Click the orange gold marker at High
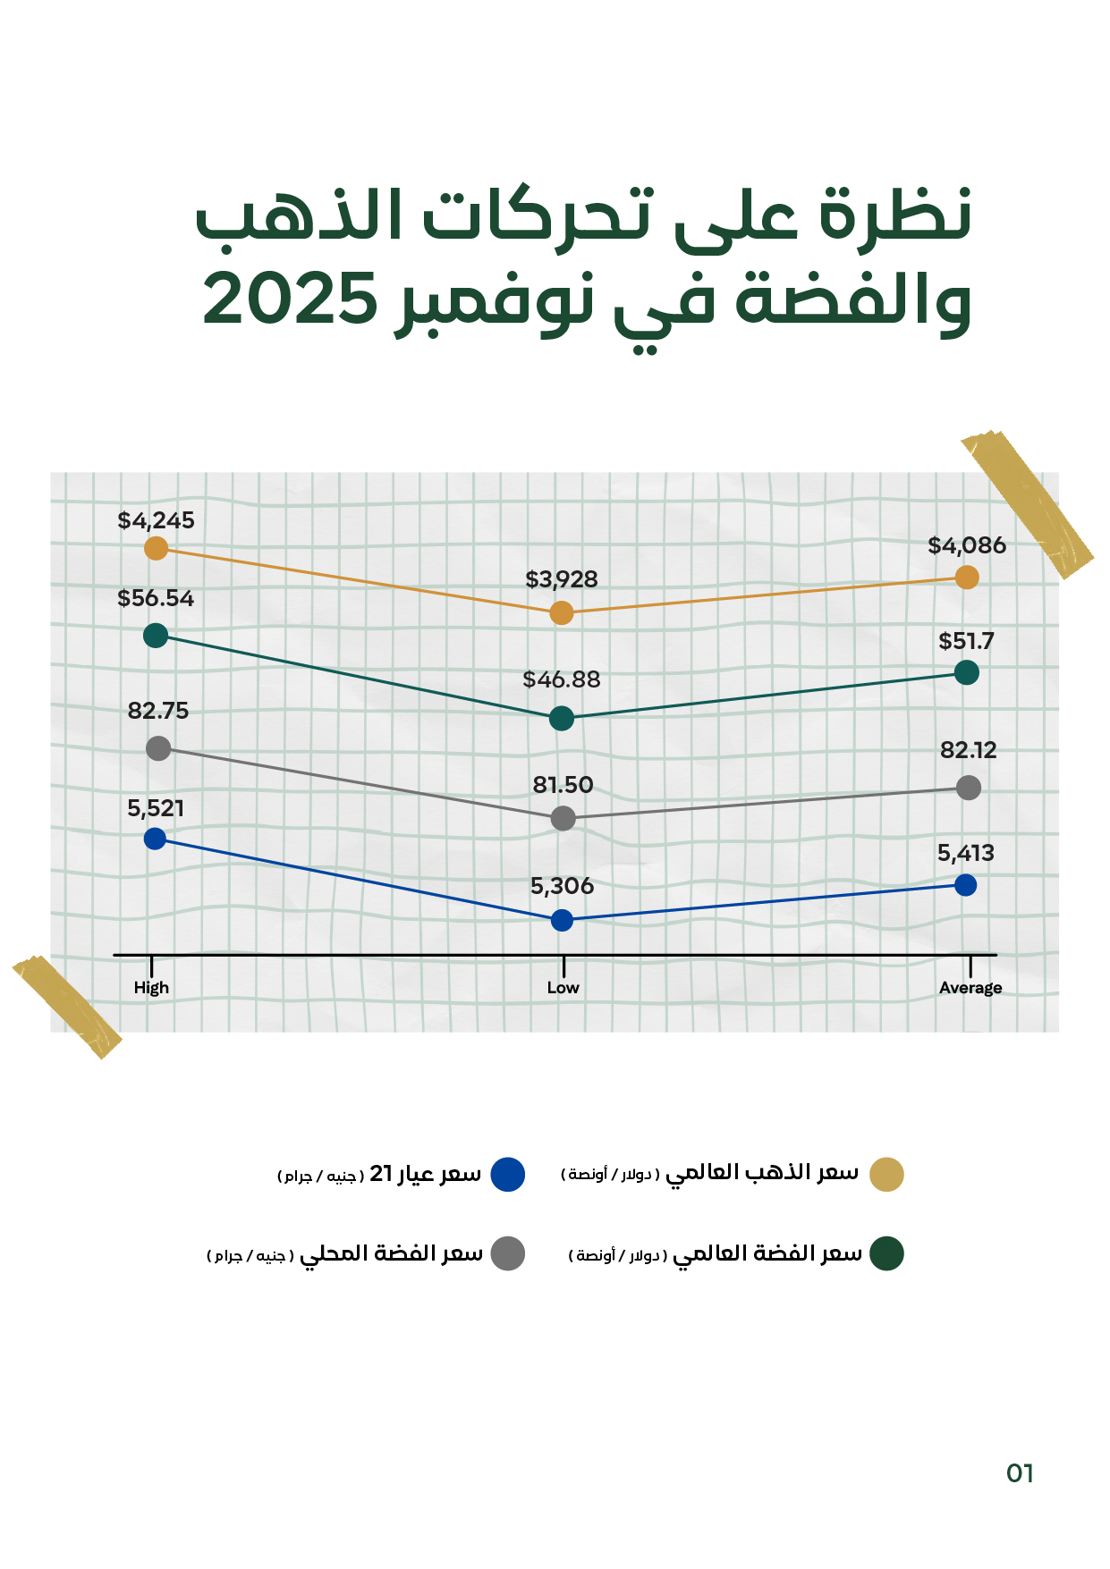(x=157, y=548)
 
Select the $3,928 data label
(x=561, y=579)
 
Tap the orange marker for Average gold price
(x=966, y=578)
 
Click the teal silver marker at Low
(x=561, y=718)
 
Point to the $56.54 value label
(x=156, y=598)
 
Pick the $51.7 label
(x=966, y=641)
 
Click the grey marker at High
(x=158, y=748)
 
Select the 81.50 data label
(x=563, y=785)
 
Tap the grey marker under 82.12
(x=968, y=788)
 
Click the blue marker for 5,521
(x=155, y=839)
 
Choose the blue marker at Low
(x=562, y=920)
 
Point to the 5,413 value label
(x=965, y=853)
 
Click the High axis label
(x=151, y=988)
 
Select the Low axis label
(x=563, y=988)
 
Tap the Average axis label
(x=970, y=988)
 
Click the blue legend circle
(x=508, y=1174)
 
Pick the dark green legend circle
(x=886, y=1253)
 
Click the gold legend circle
(x=886, y=1174)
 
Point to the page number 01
(x=1020, y=1473)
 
